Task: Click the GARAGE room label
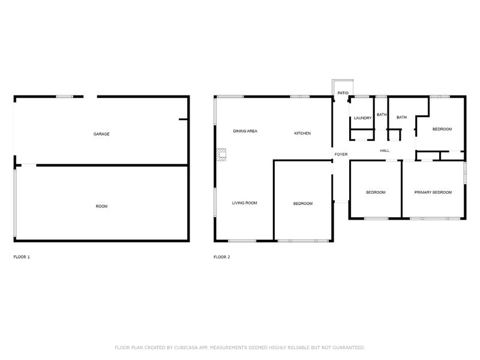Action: [101, 134]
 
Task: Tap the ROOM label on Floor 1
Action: [102, 206]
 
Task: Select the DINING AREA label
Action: [245, 131]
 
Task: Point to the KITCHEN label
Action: [302, 133]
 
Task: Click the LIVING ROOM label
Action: [244, 203]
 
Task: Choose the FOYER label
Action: [341, 154]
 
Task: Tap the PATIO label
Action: [343, 93]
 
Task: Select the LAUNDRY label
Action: [363, 118]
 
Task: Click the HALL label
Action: [385, 151]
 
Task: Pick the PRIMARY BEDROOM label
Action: [433, 192]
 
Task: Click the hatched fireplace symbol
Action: [223, 154]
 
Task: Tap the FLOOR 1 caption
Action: [22, 257]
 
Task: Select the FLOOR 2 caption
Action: [221, 257]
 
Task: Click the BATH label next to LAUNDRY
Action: [381, 115]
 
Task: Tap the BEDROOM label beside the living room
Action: [302, 203]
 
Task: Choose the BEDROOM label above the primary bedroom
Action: [442, 129]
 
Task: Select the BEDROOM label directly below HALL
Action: [376, 192]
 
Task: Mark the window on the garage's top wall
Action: [65, 96]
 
